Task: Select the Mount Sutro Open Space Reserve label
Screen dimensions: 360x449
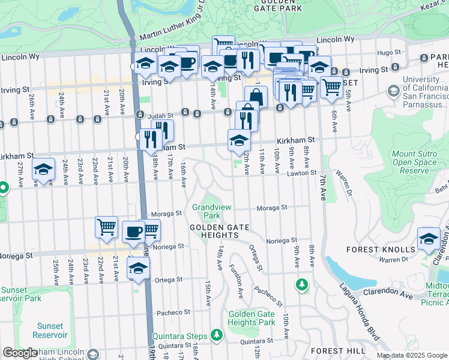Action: (x=414, y=162)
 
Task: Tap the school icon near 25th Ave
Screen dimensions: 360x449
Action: (x=44, y=170)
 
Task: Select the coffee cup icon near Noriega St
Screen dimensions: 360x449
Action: (x=133, y=231)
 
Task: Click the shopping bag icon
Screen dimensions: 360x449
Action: (x=256, y=97)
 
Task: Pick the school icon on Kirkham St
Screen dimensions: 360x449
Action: (x=239, y=140)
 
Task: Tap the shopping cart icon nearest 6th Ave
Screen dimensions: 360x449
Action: (x=331, y=87)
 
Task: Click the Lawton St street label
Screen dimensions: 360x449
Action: (x=305, y=173)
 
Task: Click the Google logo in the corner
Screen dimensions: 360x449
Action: (x=20, y=353)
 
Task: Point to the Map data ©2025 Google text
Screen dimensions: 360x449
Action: (x=412, y=355)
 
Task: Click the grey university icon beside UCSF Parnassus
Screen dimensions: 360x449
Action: (x=394, y=91)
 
